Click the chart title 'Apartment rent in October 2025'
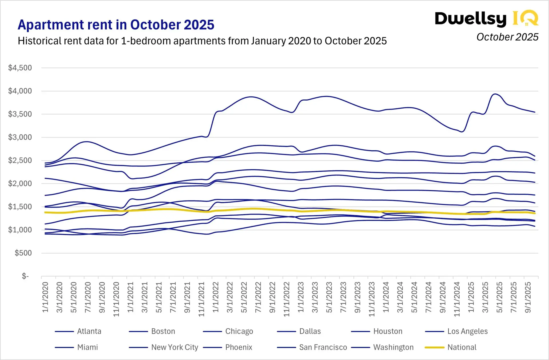(116, 25)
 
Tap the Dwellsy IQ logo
(486, 19)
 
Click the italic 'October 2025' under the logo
(507, 37)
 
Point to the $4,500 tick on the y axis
(20, 68)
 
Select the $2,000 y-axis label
(20, 183)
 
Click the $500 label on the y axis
(23, 253)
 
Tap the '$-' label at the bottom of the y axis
(25, 276)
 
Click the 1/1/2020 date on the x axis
(45, 297)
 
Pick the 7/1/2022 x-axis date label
(258, 297)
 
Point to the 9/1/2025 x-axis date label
(528, 297)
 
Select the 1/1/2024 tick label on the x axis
(386, 297)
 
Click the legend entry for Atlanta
(89, 331)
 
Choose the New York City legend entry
(174, 347)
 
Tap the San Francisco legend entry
(323, 347)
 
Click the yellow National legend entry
(462, 347)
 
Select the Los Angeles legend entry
(467, 331)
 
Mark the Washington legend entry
(393, 347)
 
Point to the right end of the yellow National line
(535, 213)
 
